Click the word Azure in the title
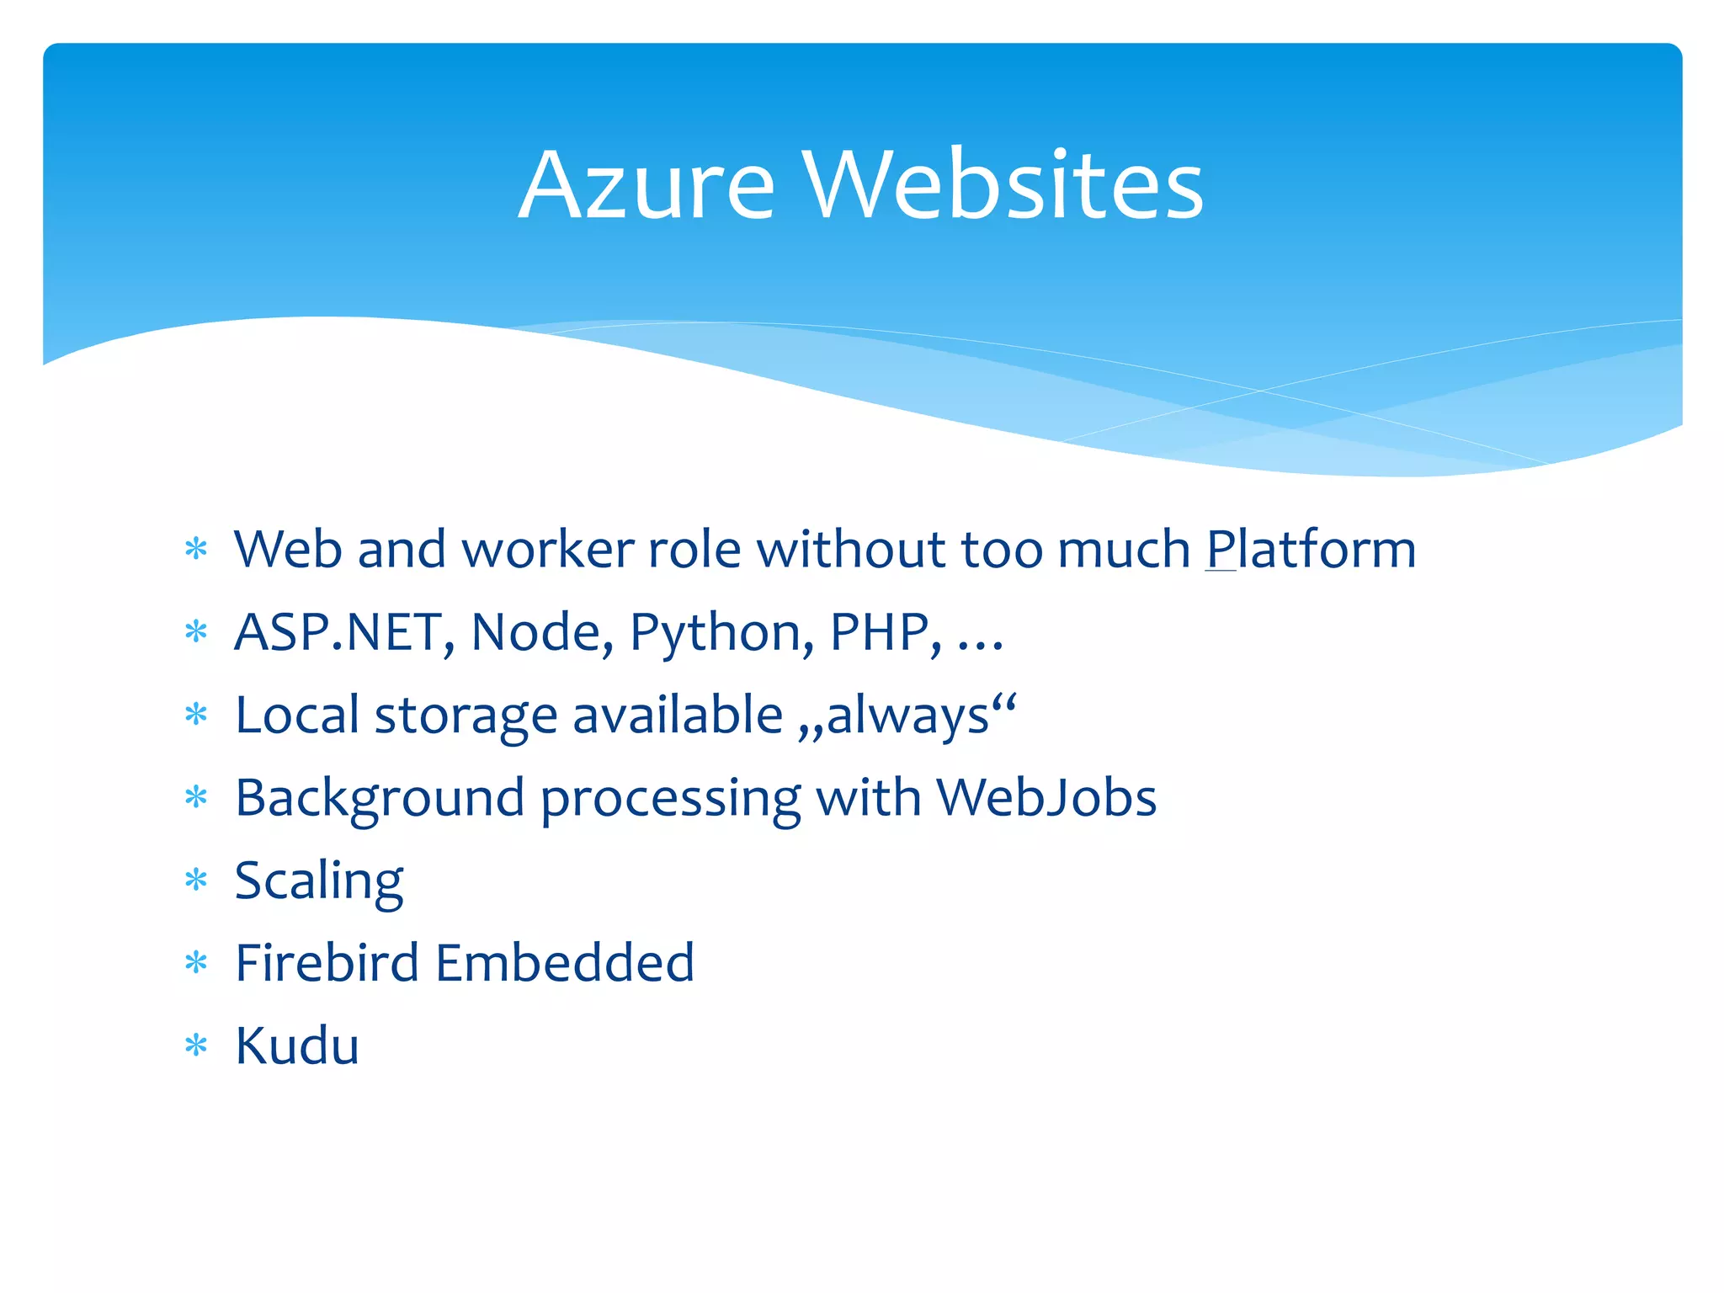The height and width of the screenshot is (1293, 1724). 646,185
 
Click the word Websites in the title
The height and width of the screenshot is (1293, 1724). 1003,185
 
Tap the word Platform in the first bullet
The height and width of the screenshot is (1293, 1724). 1311,550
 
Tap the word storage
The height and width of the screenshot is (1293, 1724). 466,716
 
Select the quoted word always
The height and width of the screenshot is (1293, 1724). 907,716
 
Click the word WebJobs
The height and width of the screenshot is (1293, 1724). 1046,797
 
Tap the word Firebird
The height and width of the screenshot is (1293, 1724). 327,963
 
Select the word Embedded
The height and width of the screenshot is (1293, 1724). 565,963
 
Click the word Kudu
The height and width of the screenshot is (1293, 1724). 297,1046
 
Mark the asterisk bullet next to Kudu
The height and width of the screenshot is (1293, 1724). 196,1046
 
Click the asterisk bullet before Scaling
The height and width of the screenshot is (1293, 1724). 196,881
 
